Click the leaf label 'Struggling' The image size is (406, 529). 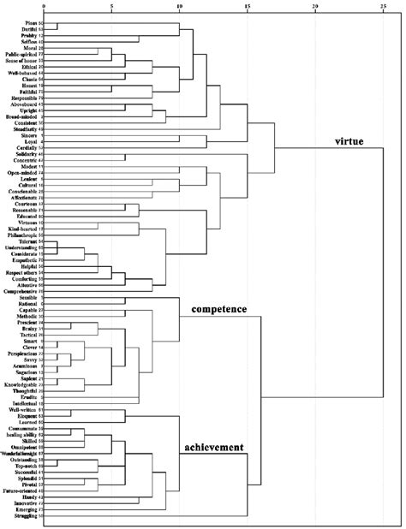tap(23, 517)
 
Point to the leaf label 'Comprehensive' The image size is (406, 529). tap(21, 292)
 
